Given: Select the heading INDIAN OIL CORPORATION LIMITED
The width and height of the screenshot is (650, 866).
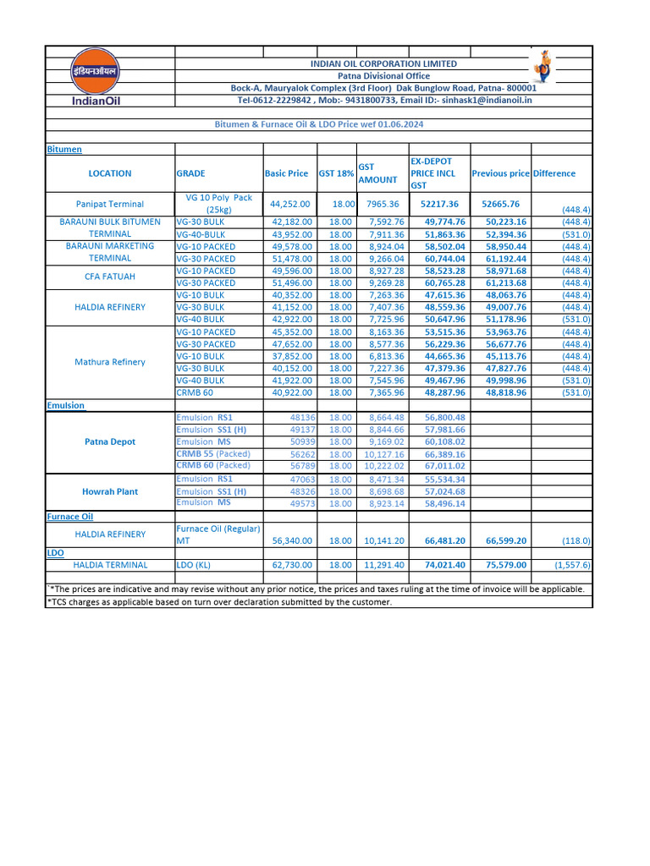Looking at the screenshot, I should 383,63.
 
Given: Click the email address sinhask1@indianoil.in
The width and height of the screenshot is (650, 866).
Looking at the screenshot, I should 487,100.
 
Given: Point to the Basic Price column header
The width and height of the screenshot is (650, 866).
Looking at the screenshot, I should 286,173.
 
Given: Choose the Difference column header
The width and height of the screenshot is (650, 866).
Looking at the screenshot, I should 554,173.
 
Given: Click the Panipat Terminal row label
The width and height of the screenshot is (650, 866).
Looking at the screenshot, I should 109,204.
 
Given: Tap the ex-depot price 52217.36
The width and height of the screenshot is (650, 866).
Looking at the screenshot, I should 439,204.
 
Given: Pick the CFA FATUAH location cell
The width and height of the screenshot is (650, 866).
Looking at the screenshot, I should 109,277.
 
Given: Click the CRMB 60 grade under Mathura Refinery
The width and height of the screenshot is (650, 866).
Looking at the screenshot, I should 195,392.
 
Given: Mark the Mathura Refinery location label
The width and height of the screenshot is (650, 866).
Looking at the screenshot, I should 109,362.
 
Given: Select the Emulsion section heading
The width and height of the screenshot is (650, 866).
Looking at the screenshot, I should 65,405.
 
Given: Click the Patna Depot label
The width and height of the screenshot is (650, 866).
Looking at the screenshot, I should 109,441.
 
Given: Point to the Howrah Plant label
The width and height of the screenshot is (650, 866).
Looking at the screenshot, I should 109,491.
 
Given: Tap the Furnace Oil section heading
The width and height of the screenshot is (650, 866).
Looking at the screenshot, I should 69,516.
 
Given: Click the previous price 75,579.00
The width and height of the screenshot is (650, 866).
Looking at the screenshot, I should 500,565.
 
